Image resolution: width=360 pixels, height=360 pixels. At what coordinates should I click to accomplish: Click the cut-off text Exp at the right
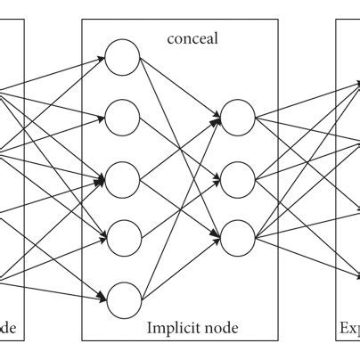point(348,329)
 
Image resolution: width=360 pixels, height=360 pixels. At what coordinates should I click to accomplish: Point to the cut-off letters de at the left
point(7,329)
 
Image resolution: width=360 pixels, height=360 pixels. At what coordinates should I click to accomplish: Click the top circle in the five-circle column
point(123,59)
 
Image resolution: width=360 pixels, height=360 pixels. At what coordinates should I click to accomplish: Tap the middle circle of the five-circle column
point(123,179)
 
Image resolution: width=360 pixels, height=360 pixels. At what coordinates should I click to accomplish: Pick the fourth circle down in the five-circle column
point(123,238)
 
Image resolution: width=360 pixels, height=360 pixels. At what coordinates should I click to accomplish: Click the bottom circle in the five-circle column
point(123,298)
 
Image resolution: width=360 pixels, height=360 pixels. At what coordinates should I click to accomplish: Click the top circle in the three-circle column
point(237,115)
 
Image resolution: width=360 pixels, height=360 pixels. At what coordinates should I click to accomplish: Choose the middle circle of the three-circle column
point(237,176)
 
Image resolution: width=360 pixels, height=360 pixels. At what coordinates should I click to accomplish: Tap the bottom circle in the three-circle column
point(237,237)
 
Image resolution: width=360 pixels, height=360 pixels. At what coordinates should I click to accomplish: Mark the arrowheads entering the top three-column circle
point(217,115)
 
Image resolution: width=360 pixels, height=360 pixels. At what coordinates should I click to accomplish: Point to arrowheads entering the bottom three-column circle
point(217,237)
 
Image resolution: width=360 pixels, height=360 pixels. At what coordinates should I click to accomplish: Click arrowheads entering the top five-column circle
point(102,59)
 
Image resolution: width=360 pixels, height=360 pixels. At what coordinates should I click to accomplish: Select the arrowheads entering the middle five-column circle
point(102,180)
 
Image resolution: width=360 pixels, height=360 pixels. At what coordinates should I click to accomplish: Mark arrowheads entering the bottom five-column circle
point(102,296)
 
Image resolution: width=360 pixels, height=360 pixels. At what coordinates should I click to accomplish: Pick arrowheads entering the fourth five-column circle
point(102,238)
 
